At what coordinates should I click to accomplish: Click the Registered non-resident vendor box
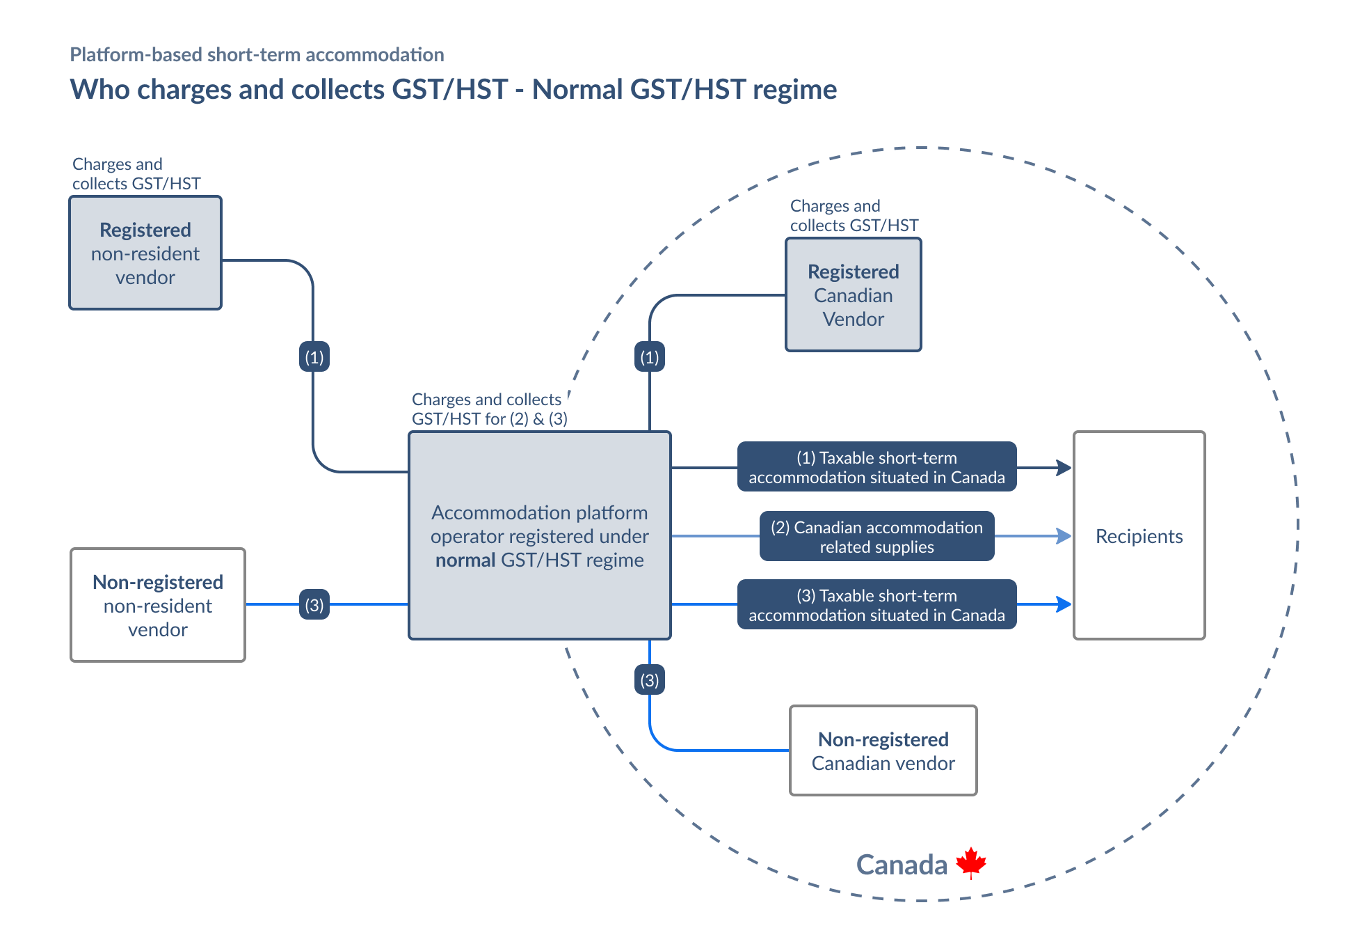[145, 253]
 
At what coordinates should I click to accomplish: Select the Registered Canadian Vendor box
[853, 295]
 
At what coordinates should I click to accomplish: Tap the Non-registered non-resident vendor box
[158, 605]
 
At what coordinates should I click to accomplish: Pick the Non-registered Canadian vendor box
[883, 750]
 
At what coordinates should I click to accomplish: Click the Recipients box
[1139, 535]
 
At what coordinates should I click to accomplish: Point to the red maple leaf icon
[971, 863]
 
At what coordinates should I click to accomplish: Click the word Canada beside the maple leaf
[902, 865]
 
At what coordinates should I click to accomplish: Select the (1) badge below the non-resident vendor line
[314, 357]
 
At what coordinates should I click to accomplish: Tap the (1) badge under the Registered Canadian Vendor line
[650, 357]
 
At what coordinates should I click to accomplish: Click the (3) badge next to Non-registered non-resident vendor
[314, 604]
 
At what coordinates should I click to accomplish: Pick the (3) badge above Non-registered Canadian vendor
[650, 679]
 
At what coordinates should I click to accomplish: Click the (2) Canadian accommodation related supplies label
[876, 537]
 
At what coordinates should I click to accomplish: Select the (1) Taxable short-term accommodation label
[876, 467]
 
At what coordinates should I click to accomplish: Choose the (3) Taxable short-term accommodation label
[876, 605]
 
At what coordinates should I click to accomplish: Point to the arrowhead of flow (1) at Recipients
[1064, 468]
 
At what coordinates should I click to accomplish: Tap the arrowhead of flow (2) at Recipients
[1064, 536]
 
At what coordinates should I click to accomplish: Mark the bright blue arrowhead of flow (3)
[1064, 604]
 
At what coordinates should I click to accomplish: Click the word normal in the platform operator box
[465, 560]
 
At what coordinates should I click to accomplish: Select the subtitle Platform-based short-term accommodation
[257, 54]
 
